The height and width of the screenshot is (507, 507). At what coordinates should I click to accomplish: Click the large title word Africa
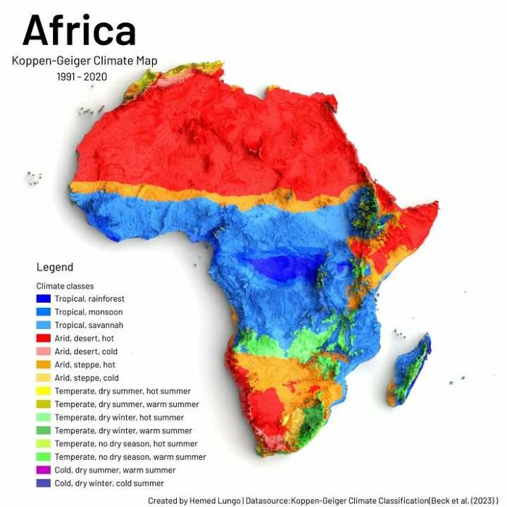(79, 30)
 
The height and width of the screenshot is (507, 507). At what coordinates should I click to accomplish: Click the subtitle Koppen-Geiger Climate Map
(84, 61)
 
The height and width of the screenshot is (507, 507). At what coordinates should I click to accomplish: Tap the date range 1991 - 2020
(82, 77)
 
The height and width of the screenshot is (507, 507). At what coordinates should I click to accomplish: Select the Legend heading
(55, 267)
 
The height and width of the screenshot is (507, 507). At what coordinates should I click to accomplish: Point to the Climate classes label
(65, 286)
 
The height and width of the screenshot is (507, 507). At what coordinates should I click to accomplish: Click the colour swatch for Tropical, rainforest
(43, 298)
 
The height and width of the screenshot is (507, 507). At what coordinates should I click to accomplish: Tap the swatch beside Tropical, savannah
(43, 325)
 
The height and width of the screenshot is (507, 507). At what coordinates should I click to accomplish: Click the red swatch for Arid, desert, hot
(43, 338)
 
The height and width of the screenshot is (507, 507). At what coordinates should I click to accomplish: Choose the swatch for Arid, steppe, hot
(43, 364)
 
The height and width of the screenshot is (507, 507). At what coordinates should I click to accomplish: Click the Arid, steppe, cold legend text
(86, 378)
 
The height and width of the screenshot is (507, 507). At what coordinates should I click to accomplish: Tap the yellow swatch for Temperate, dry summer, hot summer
(43, 391)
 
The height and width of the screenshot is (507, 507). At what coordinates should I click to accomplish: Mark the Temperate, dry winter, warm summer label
(122, 430)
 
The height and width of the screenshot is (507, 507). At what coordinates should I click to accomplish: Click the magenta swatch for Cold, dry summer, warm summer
(43, 470)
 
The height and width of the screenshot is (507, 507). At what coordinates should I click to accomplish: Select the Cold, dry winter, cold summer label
(109, 483)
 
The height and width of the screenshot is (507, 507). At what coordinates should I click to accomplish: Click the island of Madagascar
(409, 369)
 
